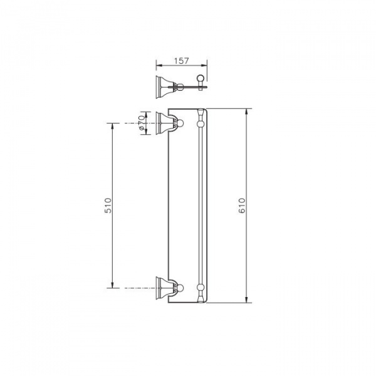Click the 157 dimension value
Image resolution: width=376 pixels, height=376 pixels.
coord(182,61)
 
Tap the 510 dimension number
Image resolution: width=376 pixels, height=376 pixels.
coord(108,206)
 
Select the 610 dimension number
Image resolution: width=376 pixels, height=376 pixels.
coord(242,206)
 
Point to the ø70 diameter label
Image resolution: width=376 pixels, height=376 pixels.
coord(141,123)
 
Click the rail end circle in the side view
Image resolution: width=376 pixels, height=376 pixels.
coord(201,78)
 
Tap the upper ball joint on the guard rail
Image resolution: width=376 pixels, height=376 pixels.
coord(201,123)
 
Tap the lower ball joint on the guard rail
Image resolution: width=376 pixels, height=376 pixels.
coord(201,287)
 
